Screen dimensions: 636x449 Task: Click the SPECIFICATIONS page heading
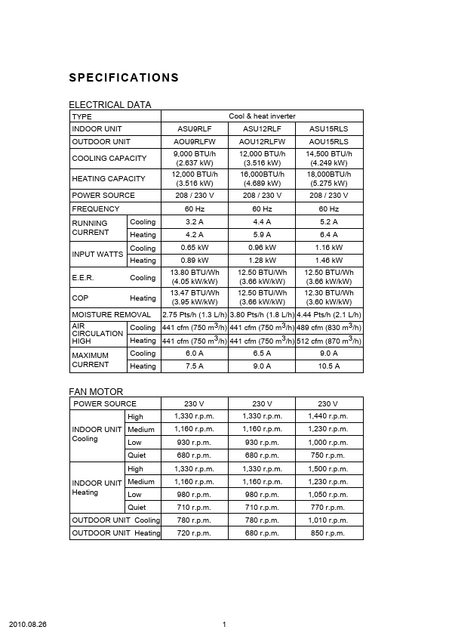click(124, 78)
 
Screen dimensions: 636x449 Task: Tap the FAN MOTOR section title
click(96, 391)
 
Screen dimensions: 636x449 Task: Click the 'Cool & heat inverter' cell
click(262, 116)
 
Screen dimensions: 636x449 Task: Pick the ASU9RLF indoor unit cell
click(195, 129)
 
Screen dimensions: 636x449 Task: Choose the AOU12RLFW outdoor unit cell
click(262, 142)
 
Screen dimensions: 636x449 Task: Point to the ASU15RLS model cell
click(329, 129)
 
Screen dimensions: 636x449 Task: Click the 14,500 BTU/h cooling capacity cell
click(329, 158)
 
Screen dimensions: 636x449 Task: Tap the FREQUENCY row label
click(96, 208)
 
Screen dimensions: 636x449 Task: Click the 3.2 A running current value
click(195, 222)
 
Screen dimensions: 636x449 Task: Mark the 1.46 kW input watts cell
click(329, 261)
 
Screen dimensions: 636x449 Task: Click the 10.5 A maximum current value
click(329, 366)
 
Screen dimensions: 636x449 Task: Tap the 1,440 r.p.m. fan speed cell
click(329, 416)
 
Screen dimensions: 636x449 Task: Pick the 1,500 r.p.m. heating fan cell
click(329, 469)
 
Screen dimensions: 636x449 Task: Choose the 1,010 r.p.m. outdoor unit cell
click(329, 520)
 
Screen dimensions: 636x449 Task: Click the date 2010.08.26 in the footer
click(28, 625)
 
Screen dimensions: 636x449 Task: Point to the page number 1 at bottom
click(225, 625)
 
